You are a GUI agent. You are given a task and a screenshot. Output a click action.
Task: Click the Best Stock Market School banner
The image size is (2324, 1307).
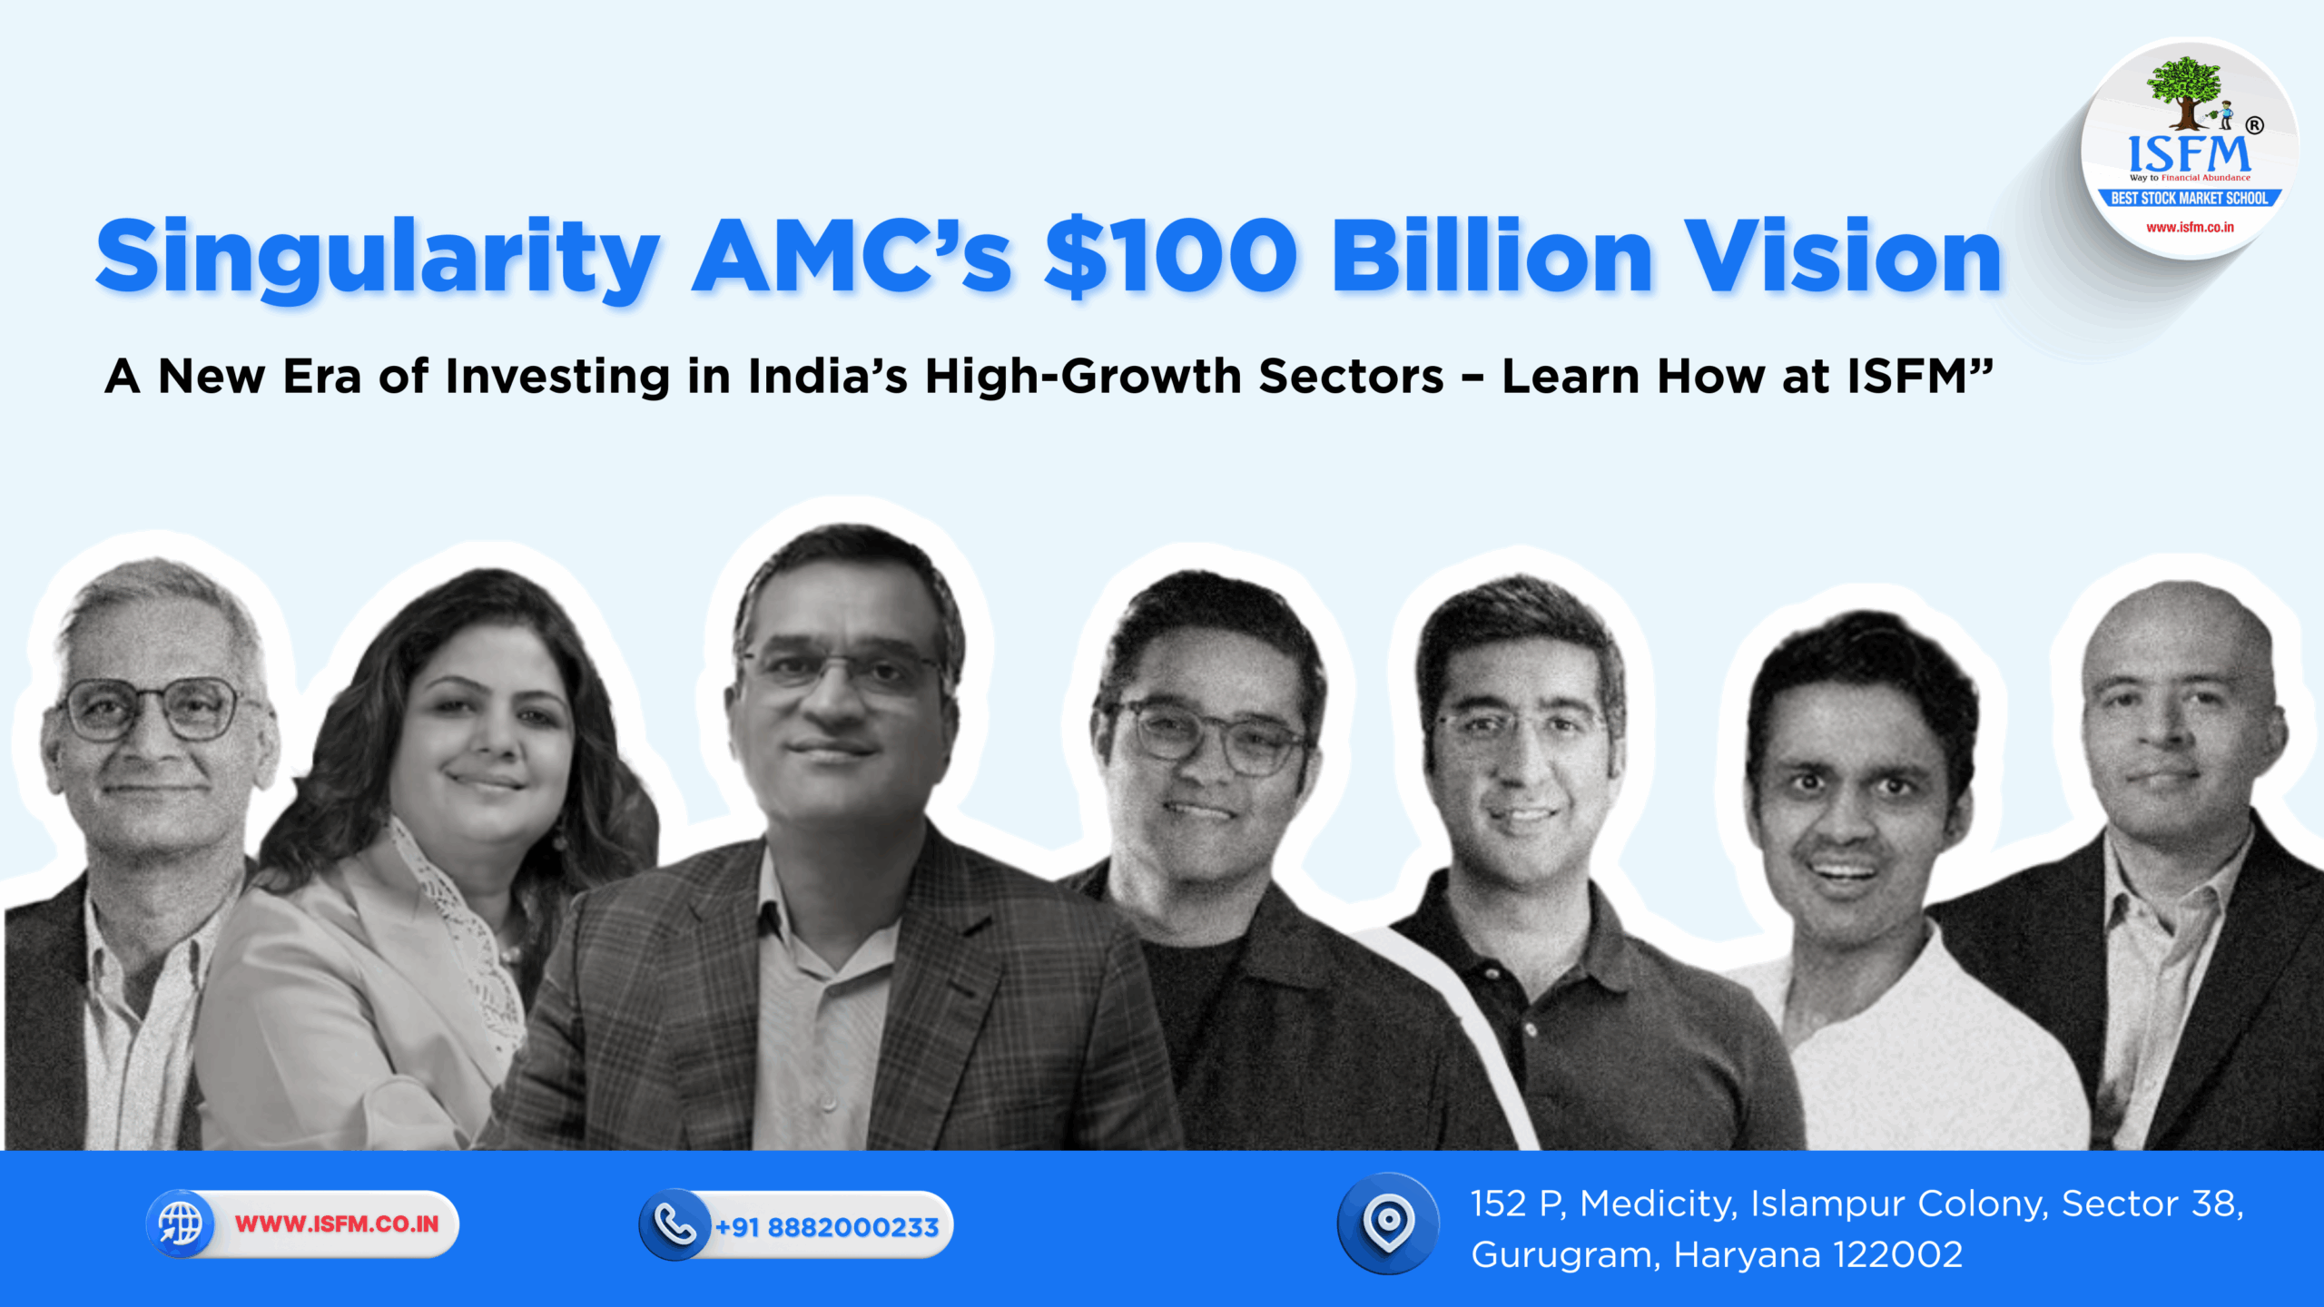click(2189, 198)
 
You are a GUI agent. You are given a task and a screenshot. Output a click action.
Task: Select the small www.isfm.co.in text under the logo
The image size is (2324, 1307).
click(2190, 227)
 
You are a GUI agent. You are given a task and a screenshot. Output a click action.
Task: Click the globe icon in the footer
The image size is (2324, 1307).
click(181, 1223)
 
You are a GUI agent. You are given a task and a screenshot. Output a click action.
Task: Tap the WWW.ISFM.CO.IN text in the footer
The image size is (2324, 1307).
click(337, 1223)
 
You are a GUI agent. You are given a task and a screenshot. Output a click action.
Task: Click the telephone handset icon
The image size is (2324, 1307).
click(675, 1225)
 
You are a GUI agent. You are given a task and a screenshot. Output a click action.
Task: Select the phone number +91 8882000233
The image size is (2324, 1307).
click(826, 1227)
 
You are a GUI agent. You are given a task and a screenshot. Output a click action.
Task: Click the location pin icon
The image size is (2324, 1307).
click(1388, 1222)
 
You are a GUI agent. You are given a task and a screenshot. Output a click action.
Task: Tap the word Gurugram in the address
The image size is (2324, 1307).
click(1565, 1255)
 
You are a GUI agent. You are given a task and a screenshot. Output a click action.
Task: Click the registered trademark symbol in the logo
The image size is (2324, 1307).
click(2254, 125)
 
